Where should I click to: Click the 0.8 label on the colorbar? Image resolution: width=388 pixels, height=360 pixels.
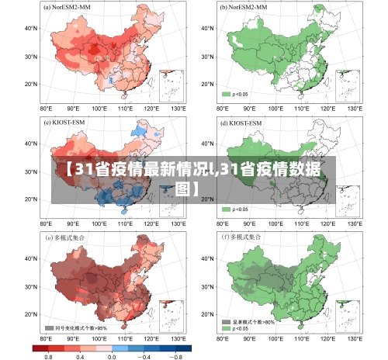click(x=48, y=355)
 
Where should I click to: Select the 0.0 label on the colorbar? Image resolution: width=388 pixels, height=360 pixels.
click(x=112, y=355)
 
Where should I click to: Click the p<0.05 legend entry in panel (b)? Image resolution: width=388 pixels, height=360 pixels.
click(x=237, y=94)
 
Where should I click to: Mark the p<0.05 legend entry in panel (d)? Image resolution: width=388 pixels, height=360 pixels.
click(x=237, y=209)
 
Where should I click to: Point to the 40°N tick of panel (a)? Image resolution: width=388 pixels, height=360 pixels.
click(x=31, y=29)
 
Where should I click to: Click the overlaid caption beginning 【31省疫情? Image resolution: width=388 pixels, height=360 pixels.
click(x=194, y=178)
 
